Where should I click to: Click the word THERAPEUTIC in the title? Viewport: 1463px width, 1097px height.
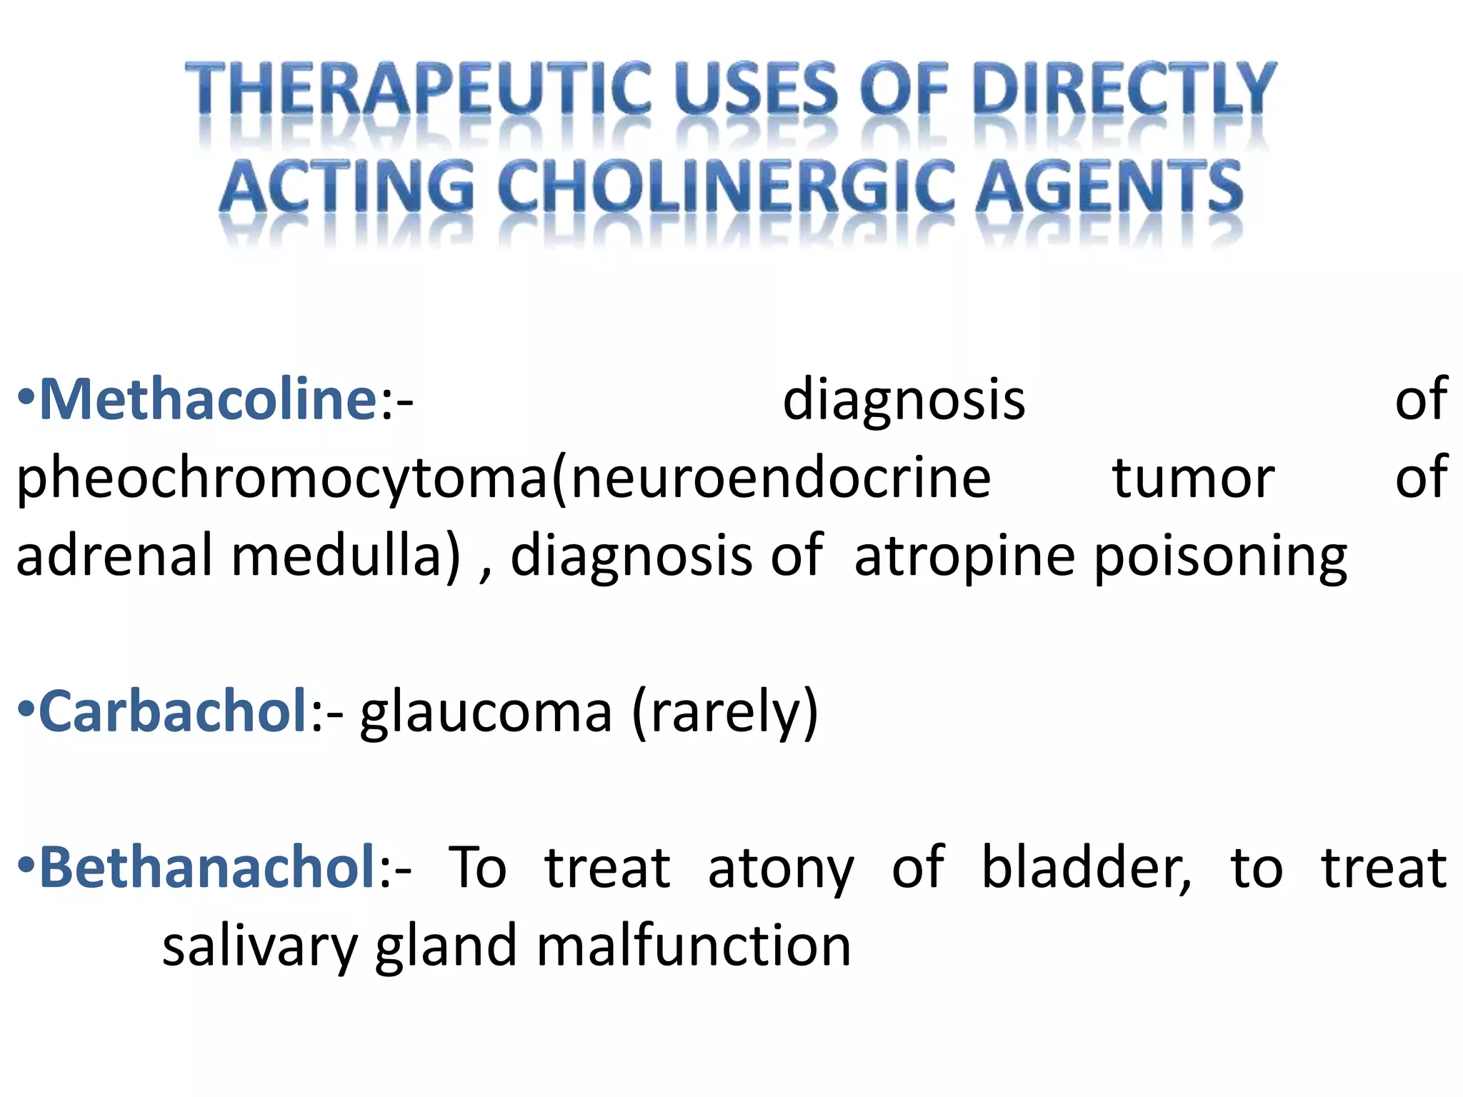[418, 89]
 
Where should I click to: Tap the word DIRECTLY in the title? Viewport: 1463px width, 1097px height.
[1124, 89]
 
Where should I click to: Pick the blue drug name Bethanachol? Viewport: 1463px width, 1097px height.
[208, 867]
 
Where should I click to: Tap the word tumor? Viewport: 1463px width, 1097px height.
[1192, 478]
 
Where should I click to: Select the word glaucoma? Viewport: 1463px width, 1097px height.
[486, 713]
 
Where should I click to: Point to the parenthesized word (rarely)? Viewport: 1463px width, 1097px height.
[724, 713]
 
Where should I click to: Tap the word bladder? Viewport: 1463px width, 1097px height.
[1086, 867]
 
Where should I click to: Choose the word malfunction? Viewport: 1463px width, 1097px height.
[693, 946]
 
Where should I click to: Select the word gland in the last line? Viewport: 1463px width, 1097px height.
[446, 947]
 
